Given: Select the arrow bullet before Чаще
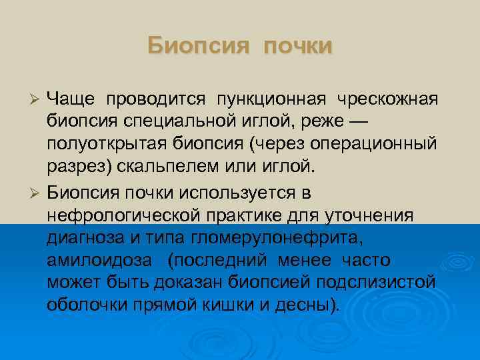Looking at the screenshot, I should tap(37, 99).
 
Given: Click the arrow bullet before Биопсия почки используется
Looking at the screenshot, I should tap(37, 193).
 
